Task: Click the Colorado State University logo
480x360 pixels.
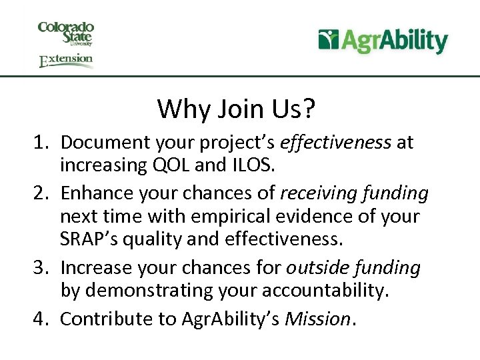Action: tap(66, 33)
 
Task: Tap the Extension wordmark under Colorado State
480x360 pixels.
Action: tap(66, 61)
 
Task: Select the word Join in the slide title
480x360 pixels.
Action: tap(233, 109)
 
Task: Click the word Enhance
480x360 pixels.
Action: tap(93, 194)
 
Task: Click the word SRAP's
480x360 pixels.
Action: tap(87, 239)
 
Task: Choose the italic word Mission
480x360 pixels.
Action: tap(317, 319)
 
